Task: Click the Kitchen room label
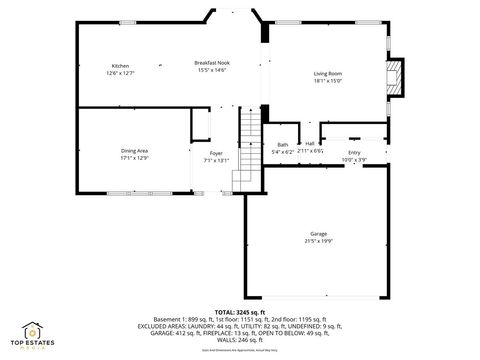pos(120,66)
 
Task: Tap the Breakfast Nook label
pos(211,62)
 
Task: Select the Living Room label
pos(328,73)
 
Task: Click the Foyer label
pos(216,153)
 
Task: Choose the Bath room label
pos(283,144)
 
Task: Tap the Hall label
pos(310,144)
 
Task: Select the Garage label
pos(318,233)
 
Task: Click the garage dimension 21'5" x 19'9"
pos(318,240)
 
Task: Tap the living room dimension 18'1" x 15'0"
pos(328,81)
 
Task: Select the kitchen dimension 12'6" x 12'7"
pos(120,73)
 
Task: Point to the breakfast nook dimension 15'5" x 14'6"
pos(211,70)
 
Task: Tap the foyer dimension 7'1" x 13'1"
pos(216,160)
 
